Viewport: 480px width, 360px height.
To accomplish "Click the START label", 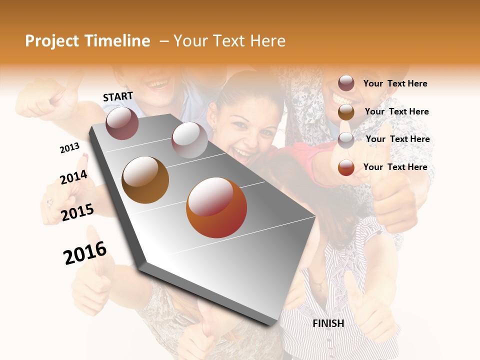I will (x=118, y=96).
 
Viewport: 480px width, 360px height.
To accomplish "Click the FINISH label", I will (x=328, y=323).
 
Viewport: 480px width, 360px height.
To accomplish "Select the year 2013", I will (x=69, y=148).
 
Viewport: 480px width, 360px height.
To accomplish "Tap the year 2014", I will (x=73, y=177).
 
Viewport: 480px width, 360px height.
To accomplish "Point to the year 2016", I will (x=85, y=253).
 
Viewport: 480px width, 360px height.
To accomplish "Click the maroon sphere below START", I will (x=122, y=123).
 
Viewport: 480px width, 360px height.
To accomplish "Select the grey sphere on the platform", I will (x=189, y=139).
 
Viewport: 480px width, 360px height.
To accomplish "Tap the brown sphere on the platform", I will (x=145, y=180).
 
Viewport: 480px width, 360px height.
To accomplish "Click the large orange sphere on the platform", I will (x=216, y=207).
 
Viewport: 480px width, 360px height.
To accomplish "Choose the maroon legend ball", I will (x=346, y=83).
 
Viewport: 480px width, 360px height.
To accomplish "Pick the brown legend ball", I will (x=346, y=111).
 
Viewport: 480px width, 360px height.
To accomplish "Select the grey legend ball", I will (x=346, y=139).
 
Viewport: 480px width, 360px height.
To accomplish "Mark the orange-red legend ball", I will (x=346, y=167).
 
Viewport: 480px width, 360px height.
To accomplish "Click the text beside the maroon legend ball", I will (x=395, y=83).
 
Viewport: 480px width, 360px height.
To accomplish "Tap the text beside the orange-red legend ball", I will (x=395, y=167).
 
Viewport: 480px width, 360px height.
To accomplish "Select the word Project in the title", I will (x=53, y=41).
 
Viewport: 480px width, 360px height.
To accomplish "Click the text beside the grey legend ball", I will (x=397, y=139).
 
